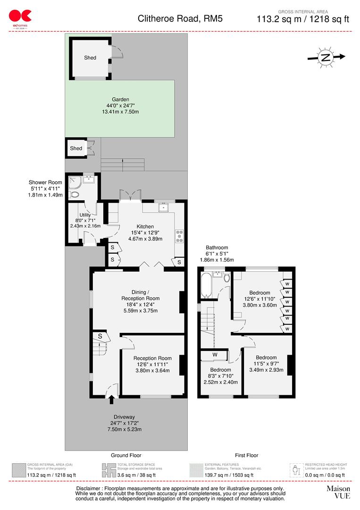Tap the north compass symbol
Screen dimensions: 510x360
326,58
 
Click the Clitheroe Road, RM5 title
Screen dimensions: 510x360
173,19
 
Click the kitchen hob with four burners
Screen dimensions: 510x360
180,236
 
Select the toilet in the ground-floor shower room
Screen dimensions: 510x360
75,194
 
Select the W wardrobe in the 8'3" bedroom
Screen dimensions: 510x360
214,355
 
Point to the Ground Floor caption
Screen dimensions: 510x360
126,455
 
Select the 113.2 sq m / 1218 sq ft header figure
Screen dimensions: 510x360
302,19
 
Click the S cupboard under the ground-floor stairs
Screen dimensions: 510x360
100,336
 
